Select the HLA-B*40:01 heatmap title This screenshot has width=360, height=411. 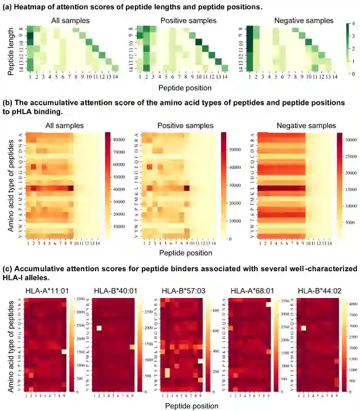[x=114, y=291]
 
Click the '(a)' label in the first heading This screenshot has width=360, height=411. [x=9, y=7]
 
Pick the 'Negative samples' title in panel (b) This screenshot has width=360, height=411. [x=306, y=125]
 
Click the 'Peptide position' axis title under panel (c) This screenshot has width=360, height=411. [x=192, y=405]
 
